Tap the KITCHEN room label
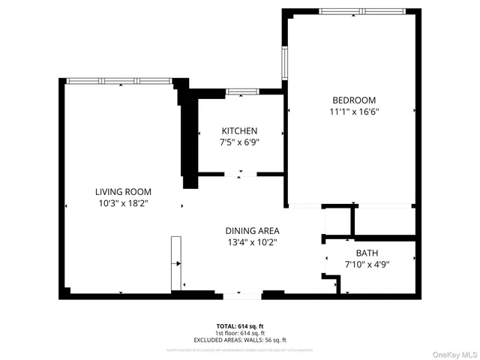(x=238, y=130)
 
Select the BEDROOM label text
(x=355, y=100)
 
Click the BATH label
(x=367, y=253)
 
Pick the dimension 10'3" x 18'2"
(x=123, y=203)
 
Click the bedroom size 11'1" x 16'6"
(x=355, y=112)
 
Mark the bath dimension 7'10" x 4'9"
(x=367, y=264)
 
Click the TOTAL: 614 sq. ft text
(x=240, y=326)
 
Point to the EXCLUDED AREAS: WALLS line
(x=240, y=340)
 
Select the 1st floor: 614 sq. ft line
(x=240, y=333)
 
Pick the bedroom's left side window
(x=284, y=63)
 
